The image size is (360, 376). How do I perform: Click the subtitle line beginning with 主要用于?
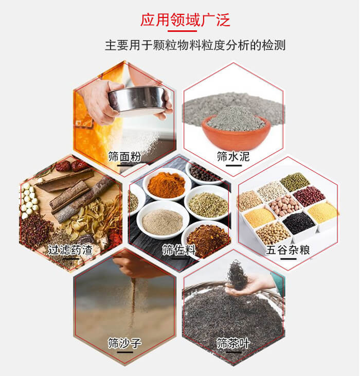pos(195,45)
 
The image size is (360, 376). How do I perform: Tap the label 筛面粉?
pos(124,157)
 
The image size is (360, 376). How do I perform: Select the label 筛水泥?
pos(233,156)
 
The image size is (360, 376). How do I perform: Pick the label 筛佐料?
pos(178,250)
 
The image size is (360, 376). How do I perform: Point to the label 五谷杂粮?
pos(289,250)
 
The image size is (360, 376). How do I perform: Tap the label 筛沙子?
pos(124,343)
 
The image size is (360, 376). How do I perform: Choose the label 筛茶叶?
pos(233,343)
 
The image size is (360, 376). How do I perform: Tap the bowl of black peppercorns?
pos(206,172)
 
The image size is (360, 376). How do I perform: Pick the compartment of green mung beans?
pos(295,182)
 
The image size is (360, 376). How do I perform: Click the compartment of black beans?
pos(299,223)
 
